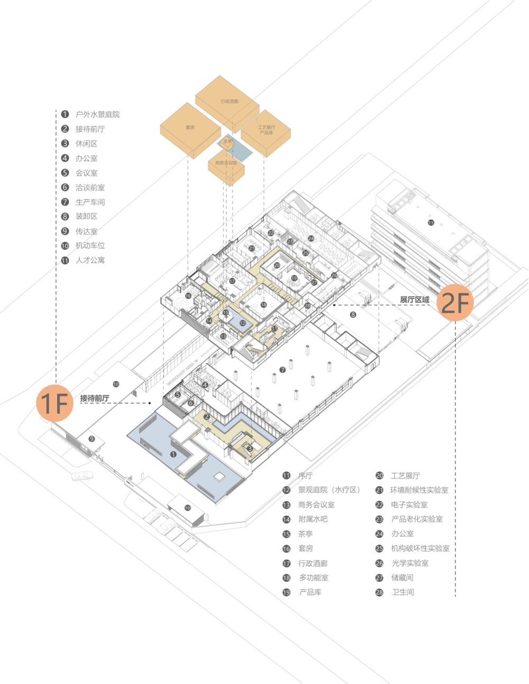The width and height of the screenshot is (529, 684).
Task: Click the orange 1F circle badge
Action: click(x=54, y=403)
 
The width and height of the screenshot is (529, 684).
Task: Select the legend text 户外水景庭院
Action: click(x=97, y=114)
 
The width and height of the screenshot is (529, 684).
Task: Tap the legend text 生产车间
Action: click(x=90, y=202)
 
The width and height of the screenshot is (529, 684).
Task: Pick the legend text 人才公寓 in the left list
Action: click(x=90, y=260)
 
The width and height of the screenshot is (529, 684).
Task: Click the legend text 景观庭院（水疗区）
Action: click(x=329, y=490)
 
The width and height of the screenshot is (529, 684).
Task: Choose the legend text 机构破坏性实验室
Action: click(x=420, y=549)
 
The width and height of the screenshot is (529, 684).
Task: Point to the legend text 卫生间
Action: click(x=403, y=592)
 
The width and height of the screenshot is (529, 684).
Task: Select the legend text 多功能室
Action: click(x=313, y=578)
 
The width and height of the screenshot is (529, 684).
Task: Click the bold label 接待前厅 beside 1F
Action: click(x=95, y=398)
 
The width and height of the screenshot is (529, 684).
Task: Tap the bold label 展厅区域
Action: click(x=414, y=299)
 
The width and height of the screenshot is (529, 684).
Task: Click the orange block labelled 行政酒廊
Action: click(x=229, y=101)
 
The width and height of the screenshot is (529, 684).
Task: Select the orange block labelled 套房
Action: click(x=190, y=127)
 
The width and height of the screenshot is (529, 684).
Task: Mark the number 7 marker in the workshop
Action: click(x=282, y=370)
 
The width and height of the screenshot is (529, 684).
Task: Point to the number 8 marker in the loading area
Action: click(x=353, y=315)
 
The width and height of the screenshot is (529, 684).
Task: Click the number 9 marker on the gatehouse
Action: click(x=92, y=439)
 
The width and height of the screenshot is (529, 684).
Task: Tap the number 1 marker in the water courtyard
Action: click(x=173, y=454)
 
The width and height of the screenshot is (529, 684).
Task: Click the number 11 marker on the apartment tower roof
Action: click(x=431, y=223)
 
